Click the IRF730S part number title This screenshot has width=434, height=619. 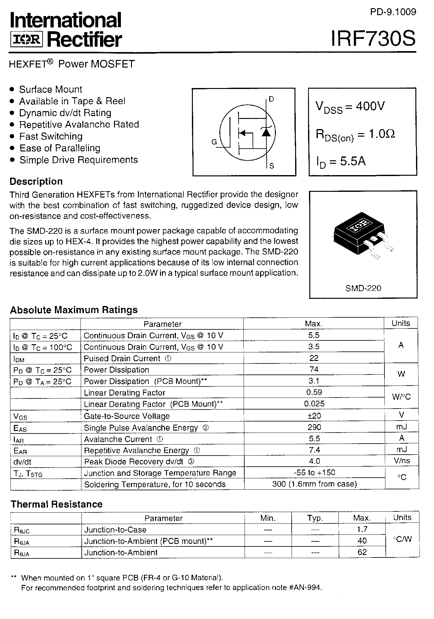(373, 39)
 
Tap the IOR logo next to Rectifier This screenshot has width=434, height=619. (27, 40)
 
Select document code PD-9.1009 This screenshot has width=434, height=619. (393, 12)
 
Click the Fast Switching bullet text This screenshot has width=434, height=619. (51, 136)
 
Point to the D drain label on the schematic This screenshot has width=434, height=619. (271, 99)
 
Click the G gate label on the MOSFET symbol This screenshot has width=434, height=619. (214, 142)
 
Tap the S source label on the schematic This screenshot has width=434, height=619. (272, 166)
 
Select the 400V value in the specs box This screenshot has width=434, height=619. (370, 106)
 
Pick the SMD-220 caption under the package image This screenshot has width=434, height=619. (363, 288)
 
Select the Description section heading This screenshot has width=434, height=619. (36, 181)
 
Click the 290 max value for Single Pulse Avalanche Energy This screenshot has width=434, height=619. (314, 427)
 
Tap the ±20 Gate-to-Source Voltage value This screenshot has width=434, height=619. (314, 416)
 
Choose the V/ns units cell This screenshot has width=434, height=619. (402, 461)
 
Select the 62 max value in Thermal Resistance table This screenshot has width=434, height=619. (362, 552)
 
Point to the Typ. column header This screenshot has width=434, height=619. (315, 518)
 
